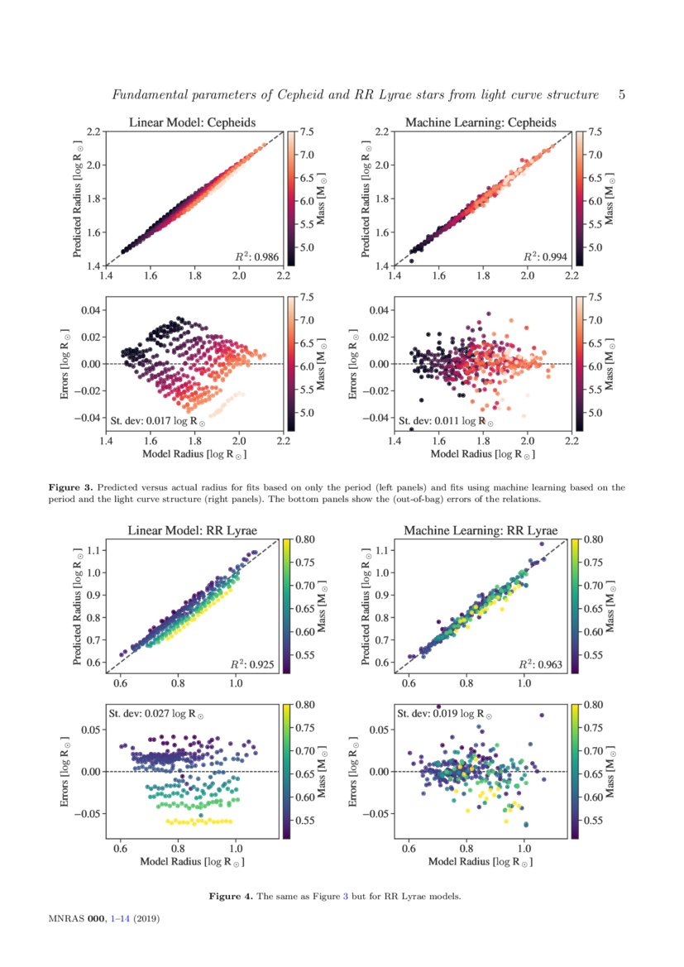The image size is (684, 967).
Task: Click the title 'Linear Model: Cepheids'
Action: tap(192, 122)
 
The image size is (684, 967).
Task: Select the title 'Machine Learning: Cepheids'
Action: tap(481, 122)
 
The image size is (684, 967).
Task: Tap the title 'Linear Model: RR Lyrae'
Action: tap(192, 530)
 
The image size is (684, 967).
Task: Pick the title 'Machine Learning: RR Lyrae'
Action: tap(481, 530)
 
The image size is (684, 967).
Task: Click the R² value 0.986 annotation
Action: tap(257, 257)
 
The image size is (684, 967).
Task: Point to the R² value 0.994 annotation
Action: tap(545, 257)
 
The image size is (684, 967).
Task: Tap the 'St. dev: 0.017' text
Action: tap(158, 421)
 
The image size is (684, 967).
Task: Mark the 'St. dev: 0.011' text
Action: tap(447, 421)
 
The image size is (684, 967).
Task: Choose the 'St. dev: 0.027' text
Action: tap(156, 713)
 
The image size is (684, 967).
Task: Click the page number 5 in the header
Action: tap(622, 95)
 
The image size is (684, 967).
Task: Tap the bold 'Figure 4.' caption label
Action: tap(231, 896)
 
